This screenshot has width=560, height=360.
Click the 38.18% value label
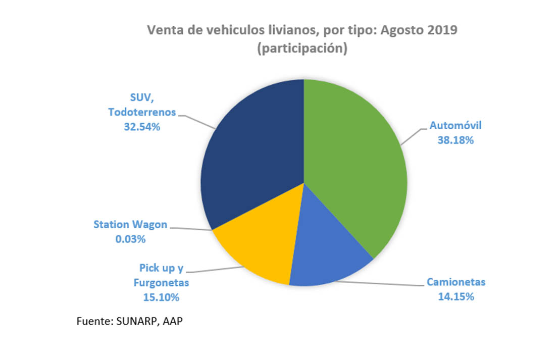coord(455,140)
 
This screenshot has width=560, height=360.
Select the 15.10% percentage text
coord(161,297)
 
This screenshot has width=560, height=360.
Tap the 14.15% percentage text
coord(455,296)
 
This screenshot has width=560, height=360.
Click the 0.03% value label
coord(130,239)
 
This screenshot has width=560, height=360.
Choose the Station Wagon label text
coord(130,225)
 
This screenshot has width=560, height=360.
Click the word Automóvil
coord(455,126)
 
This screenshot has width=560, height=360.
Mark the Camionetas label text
coord(455,282)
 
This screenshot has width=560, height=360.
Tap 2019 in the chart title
coord(441,30)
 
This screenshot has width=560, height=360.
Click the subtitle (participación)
coord(302,50)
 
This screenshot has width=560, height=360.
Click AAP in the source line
coord(172,322)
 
